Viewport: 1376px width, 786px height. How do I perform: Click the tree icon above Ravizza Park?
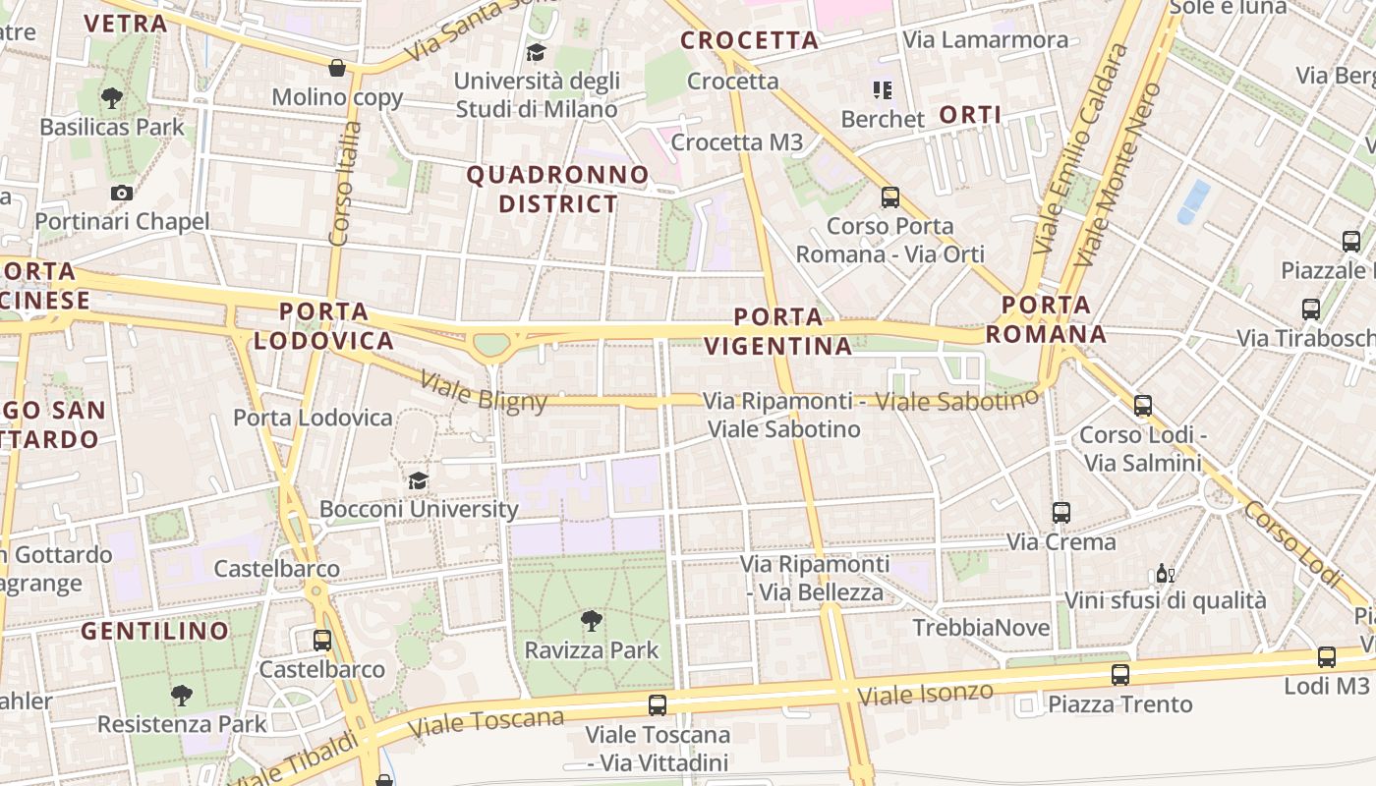591,620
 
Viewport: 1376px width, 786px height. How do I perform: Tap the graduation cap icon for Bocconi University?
419,480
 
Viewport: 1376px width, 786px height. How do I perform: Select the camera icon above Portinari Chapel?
122,193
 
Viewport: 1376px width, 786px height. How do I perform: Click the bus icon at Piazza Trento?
1119,675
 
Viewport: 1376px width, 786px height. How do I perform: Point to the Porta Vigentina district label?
778,331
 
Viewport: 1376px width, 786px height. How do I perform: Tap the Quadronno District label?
558,190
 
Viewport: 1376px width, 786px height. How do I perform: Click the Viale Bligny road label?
484,391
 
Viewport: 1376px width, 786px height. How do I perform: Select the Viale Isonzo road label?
926,694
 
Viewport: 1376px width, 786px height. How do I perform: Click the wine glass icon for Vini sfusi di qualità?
1165,574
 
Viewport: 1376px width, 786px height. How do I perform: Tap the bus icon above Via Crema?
1061,512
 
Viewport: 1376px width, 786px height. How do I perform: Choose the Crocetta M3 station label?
737,142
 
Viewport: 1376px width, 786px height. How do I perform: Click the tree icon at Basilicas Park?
112,98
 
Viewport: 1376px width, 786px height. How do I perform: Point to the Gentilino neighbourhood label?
155,631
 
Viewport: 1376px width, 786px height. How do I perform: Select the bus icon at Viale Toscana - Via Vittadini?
657,705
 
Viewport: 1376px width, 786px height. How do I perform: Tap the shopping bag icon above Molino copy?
337,68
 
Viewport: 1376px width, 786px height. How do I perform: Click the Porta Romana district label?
1046,319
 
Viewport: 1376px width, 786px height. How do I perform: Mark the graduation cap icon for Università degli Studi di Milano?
536,52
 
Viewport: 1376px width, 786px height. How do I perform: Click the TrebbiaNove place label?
981,628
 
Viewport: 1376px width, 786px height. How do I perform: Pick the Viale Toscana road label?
487,722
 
